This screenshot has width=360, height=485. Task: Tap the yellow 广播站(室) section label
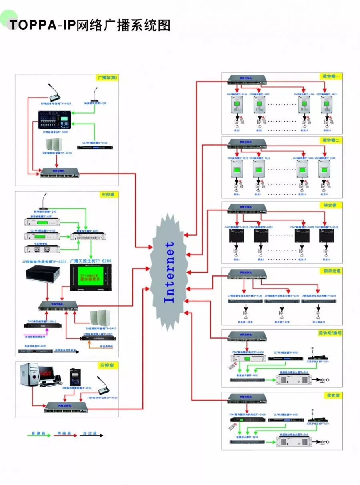coord(107,77)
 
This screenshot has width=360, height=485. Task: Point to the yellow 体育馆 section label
coord(332,395)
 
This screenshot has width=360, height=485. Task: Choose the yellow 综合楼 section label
coord(332,205)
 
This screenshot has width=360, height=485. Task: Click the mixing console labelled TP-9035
coord(54,120)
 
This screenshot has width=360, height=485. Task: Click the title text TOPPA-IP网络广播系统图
coord(90,25)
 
